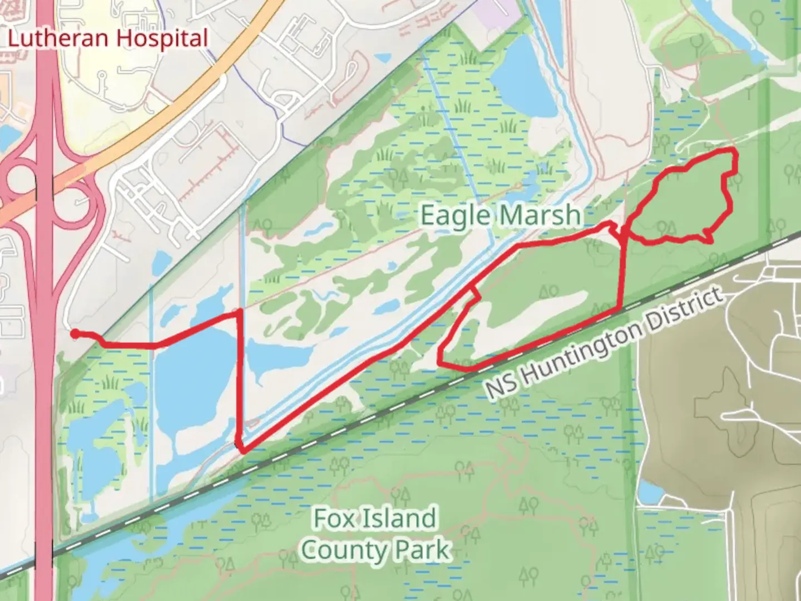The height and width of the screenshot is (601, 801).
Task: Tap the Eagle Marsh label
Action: pos(500,215)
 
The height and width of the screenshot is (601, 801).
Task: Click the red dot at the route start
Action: pos(75,333)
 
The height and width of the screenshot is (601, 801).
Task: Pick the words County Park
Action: pos(375,550)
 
